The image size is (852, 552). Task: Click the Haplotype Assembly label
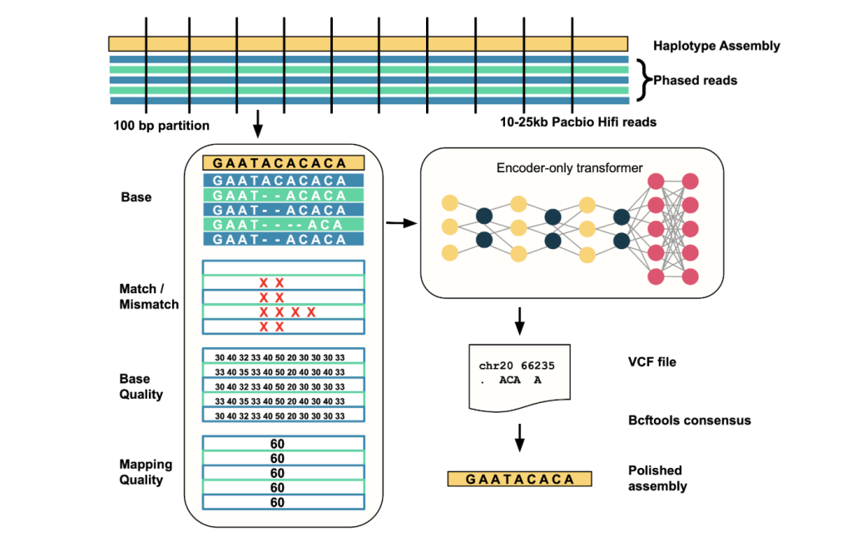point(716,46)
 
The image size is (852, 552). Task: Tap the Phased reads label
point(695,81)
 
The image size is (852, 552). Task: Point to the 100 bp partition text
point(161,127)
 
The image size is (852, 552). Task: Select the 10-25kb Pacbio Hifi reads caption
point(578,122)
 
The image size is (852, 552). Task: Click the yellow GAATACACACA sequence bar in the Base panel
point(279,163)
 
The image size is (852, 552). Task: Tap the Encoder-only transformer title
point(569,168)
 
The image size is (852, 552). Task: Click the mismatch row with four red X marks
point(284,312)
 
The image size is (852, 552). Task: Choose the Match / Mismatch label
point(149,296)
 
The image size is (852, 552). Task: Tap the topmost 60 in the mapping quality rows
point(277,444)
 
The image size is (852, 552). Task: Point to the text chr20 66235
point(517,366)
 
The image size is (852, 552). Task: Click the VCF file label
point(651,362)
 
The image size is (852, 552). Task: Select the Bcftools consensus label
point(689,420)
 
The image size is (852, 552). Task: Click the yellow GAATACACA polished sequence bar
point(519,479)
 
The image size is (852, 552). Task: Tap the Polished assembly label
point(657,478)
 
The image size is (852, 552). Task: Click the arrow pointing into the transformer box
point(400,223)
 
